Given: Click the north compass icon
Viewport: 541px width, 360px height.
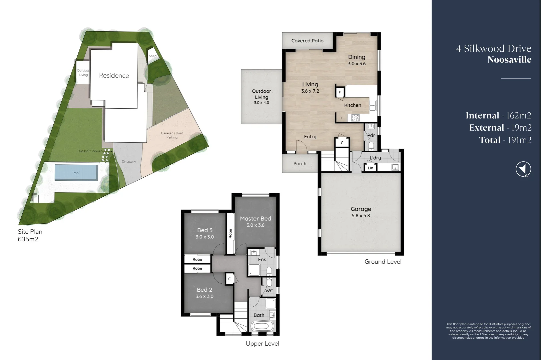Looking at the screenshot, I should point(523,169).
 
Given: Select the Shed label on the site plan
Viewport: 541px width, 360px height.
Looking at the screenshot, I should point(153,56).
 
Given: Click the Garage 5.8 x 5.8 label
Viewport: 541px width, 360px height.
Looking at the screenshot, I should point(361,212).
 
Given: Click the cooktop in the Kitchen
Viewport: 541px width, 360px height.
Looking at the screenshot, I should point(356,118).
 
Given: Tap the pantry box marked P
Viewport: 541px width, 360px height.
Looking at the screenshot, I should point(340,92).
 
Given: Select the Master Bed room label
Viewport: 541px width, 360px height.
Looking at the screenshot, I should point(255,222).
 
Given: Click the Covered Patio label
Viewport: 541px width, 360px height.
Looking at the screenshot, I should point(307,41).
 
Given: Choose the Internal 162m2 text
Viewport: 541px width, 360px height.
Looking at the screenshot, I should point(498,115).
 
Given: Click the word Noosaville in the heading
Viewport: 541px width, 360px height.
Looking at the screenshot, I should point(509,60).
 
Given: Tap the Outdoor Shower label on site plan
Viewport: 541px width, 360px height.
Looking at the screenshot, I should point(89,151).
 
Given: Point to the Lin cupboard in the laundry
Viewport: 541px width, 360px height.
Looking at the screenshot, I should point(371,168).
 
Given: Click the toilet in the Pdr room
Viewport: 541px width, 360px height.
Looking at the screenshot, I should point(371,145).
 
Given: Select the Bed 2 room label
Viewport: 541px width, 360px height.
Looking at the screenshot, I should point(204,293).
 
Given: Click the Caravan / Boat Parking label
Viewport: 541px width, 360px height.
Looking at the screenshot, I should point(172,135).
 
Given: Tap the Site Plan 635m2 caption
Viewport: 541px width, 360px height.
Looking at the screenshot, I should point(30,235).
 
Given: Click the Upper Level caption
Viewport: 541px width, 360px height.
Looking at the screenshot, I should point(262,344).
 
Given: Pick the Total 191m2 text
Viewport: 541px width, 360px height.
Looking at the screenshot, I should point(505,140).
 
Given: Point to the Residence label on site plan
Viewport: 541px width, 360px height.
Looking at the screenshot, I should point(114,76).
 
